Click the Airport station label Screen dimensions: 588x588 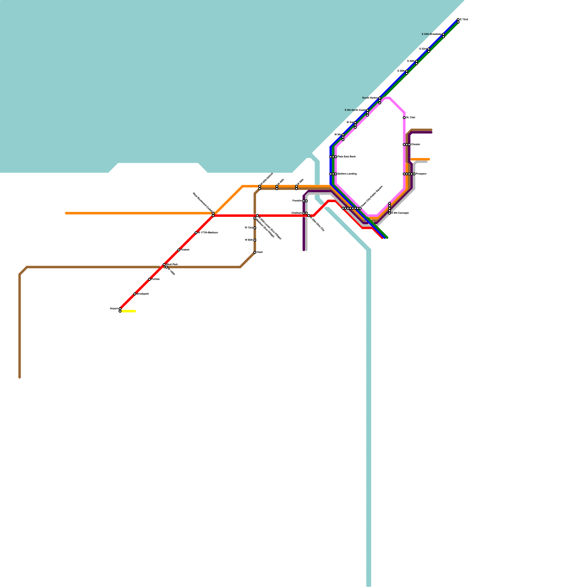coord(114,309)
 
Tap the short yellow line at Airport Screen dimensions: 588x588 coord(128,311)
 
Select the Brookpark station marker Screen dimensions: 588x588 coord(135,294)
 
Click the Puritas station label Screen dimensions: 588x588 coord(155,279)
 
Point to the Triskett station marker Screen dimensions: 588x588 coord(179,250)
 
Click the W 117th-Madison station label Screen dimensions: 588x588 coord(208,233)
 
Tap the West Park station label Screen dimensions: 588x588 coord(172,264)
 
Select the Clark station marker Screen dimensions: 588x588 coord(255,252)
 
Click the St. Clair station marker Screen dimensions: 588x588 coord(404,118)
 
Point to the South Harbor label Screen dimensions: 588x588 coord(370,98)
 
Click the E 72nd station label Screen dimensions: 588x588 coord(464,19)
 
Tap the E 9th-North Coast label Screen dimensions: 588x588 coord(355,110)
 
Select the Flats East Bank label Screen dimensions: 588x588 coord(347,157)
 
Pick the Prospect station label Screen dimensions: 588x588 coord(421,174)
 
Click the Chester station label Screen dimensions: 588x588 coord(416,144)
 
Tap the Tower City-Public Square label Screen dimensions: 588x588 coord(372,196)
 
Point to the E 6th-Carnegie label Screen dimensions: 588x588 coord(400,213)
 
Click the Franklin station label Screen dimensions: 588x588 coord(297,201)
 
